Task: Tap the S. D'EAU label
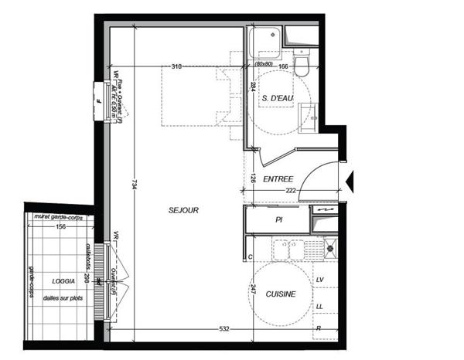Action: click(x=278, y=98)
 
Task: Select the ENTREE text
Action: click(x=278, y=179)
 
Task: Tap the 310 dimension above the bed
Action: click(x=176, y=67)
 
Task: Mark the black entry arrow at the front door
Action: click(x=350, y=182)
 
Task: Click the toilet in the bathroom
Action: click(x=302, y=62)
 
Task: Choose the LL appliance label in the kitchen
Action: click(x=319, y=306)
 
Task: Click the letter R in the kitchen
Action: click(x=319, y=328)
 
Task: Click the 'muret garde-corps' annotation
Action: click(x=59, y=217)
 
